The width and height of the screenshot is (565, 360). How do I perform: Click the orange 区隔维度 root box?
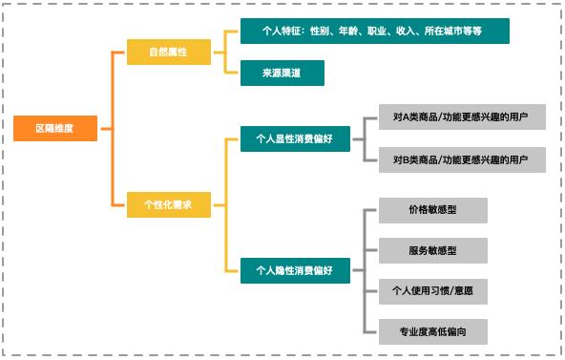54,128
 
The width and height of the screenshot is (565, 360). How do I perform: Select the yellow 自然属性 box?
168,53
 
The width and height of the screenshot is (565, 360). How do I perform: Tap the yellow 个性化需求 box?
168,204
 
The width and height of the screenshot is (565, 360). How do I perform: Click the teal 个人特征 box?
374,32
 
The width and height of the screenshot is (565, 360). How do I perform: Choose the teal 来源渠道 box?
282,74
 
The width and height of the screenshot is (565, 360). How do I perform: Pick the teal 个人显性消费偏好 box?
294,139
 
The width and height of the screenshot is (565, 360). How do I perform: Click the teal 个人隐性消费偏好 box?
294,270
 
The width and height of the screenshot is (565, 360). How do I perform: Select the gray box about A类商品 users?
461,118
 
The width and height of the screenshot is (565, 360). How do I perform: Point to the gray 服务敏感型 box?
432,251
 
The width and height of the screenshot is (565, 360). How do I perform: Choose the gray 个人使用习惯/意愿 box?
432,291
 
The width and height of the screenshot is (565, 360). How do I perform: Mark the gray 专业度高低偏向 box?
432,331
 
